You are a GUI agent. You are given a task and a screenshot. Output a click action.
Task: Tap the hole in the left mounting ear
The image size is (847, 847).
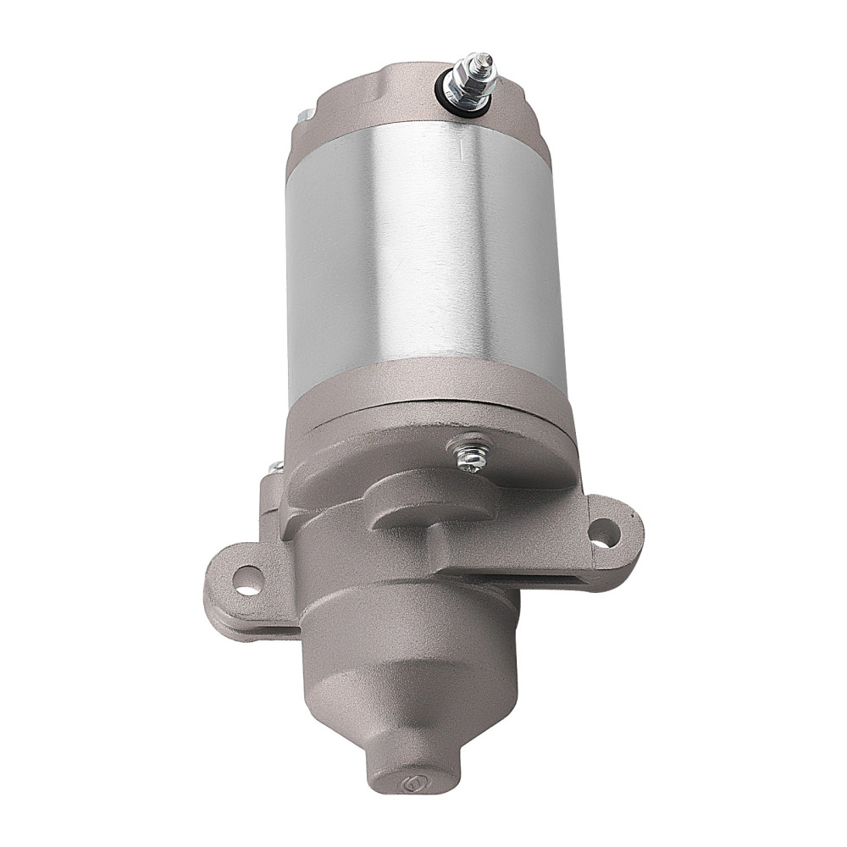(x=247, y=579)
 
